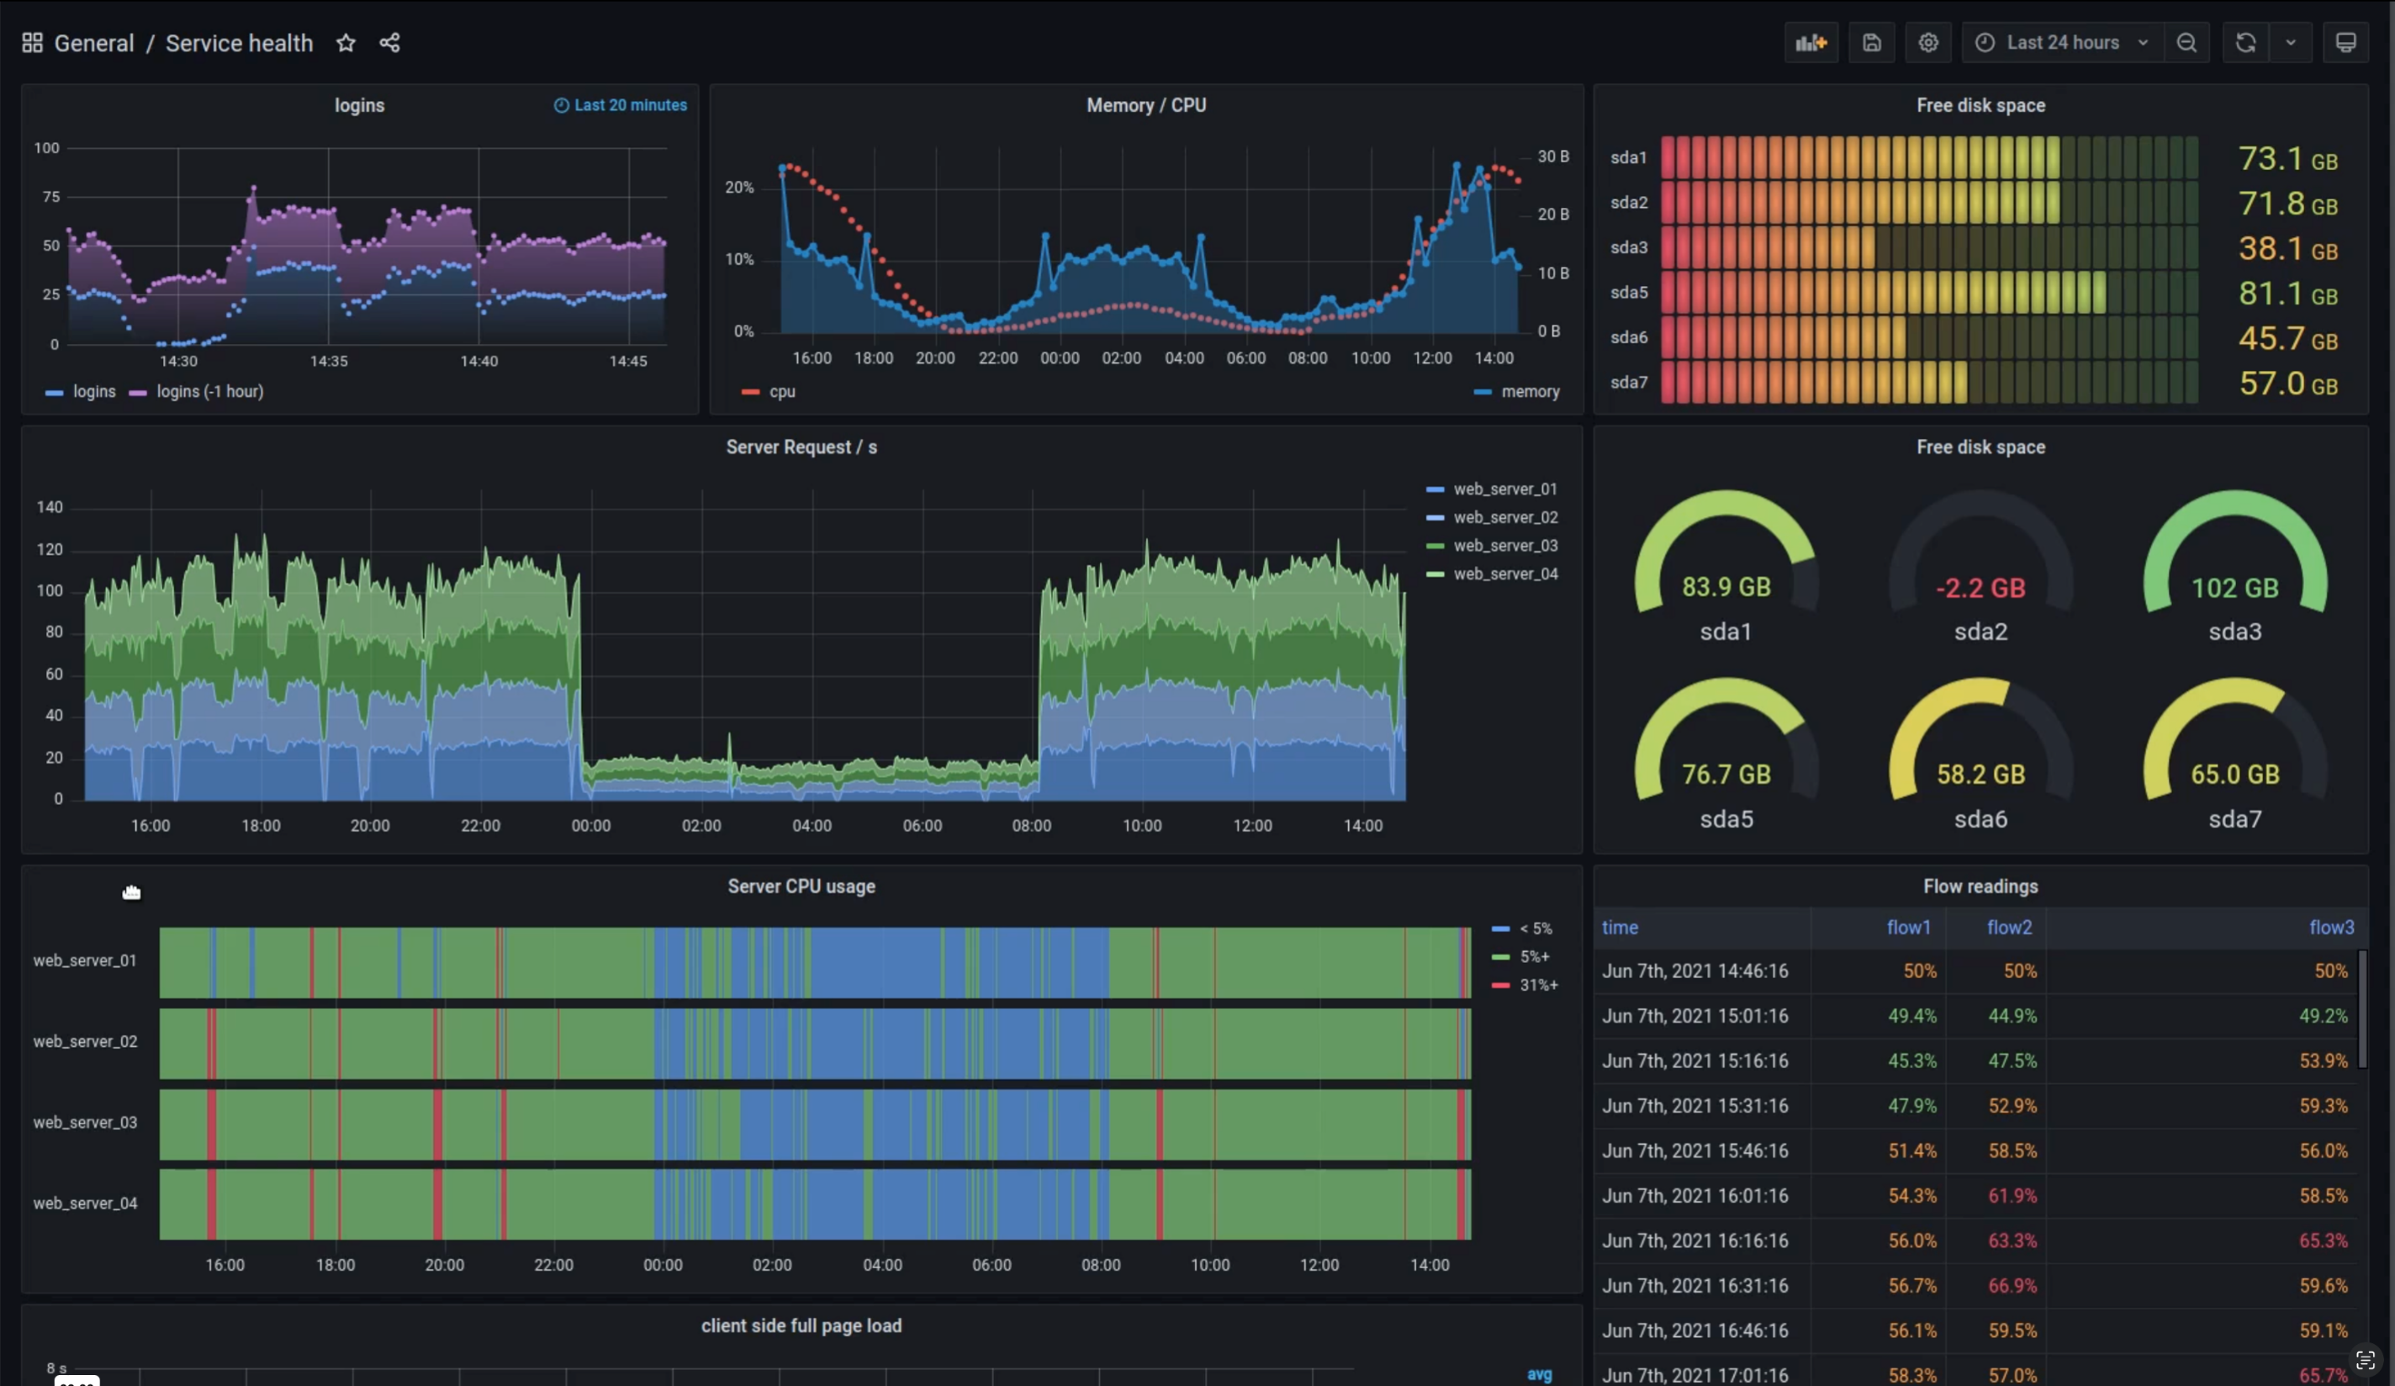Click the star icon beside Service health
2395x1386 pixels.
(x=346, y=43)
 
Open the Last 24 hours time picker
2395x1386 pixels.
(x=2061, y=43)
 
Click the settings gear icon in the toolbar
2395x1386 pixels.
(x=1927, y=43)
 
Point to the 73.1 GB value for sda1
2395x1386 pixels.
(x=2287, y=159)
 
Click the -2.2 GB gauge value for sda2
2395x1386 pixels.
(x=1980, y=589)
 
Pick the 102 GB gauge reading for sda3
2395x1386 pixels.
(x=2234, y=589)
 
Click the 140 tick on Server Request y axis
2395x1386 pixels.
(x=50, y=506)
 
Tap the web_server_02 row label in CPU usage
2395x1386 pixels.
(x=86, y=1042)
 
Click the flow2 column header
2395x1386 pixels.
(x=2009, y=928)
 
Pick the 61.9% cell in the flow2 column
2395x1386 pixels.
(x=2012, y=1196)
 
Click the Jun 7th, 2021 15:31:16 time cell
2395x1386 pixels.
(x=1694, y=1107)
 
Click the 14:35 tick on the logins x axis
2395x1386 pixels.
(x=329, y=362)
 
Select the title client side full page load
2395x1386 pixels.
(x=801, y=1326)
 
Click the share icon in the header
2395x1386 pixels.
(x=389, y=43)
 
